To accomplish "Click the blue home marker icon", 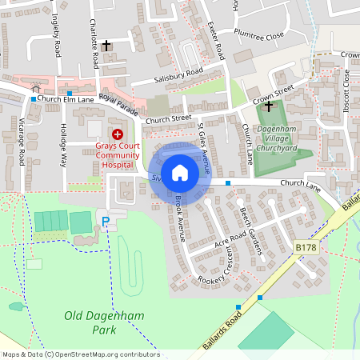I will pos(180,172).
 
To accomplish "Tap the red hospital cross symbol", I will pos(118,134).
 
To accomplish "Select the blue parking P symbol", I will pos(103,219).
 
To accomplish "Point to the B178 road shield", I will pos(306,249).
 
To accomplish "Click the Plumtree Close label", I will pos(259,36).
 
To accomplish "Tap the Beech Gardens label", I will pos(251,231).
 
